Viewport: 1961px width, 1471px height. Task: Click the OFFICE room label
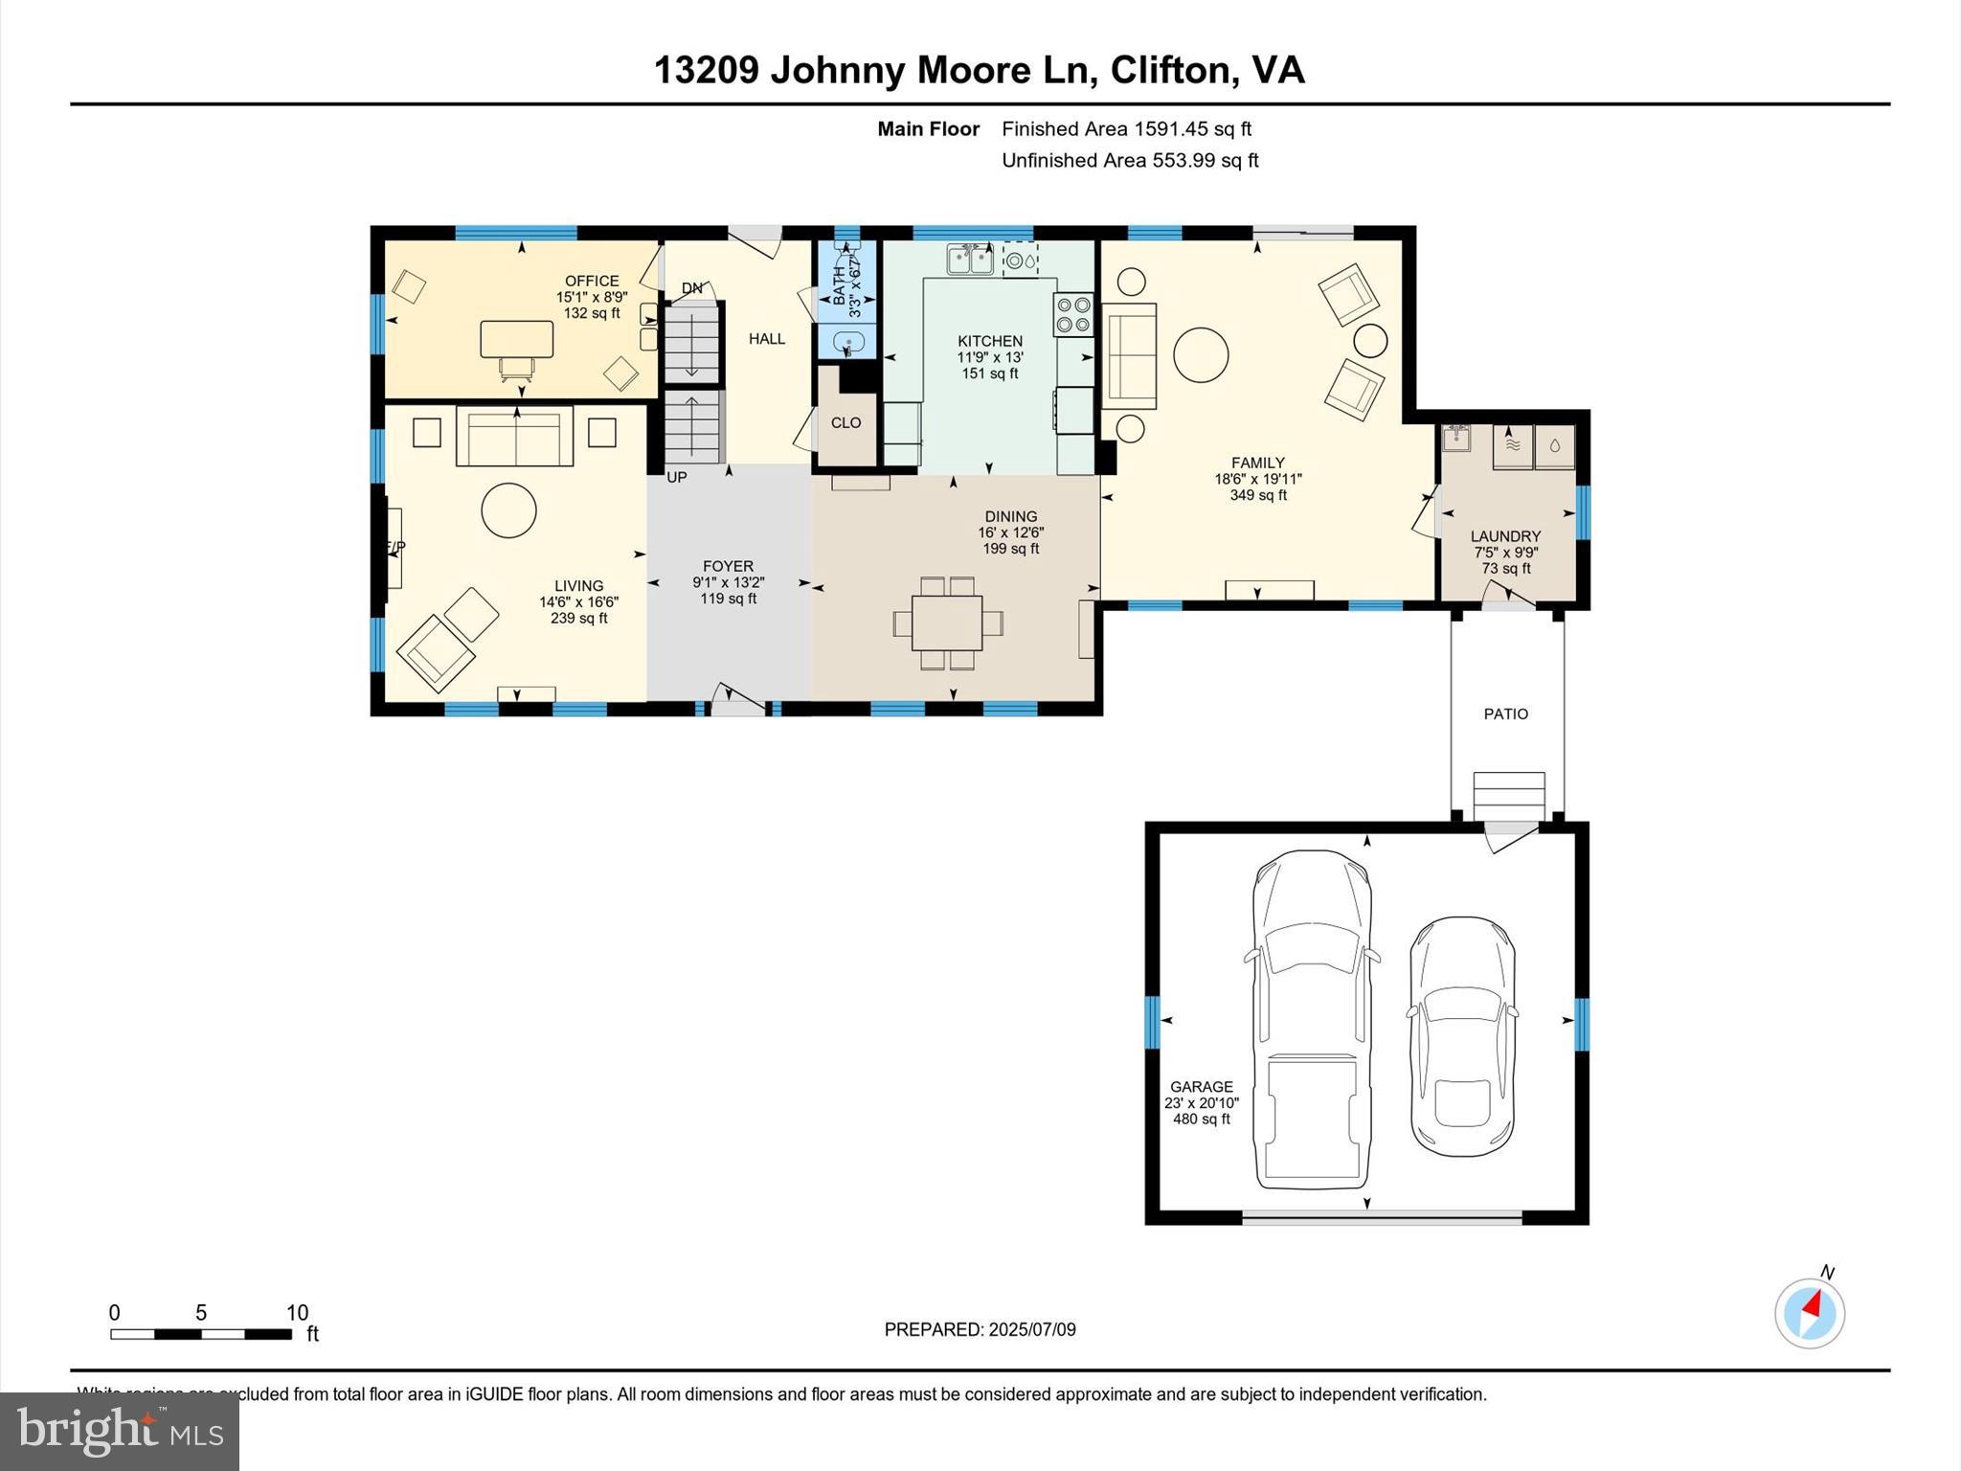coord(592,281)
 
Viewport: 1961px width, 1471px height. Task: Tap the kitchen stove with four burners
coord(1073,315)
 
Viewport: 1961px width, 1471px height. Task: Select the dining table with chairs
coord(947,623)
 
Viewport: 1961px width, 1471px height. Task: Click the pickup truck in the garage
coord(1312,1019)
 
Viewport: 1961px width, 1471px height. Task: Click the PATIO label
coord(1505,713)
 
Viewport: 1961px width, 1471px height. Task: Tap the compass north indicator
coord(1809,1312)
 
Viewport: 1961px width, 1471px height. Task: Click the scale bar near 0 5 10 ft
coord(200,1334)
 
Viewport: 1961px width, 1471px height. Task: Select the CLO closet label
coord(845,422)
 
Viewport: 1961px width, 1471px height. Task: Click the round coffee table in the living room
coord(508,510)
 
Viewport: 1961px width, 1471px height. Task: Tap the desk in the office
coord(516,339)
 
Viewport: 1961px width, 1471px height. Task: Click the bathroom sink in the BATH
coord(847,342)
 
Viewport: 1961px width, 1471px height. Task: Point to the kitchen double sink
coord(970,259)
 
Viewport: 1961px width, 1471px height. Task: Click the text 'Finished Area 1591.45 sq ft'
coord(1126,128)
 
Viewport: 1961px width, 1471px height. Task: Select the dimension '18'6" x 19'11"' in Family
coord(1257,479)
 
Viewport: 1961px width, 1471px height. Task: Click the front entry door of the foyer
coord(738,704)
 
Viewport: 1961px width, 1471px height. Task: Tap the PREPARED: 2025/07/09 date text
coord(980,1329)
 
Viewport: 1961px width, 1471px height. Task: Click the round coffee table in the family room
coord(1201,354)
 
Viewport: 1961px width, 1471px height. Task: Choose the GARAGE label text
coord(1201,1086)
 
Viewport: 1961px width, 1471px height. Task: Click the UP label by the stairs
coord(676,477)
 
